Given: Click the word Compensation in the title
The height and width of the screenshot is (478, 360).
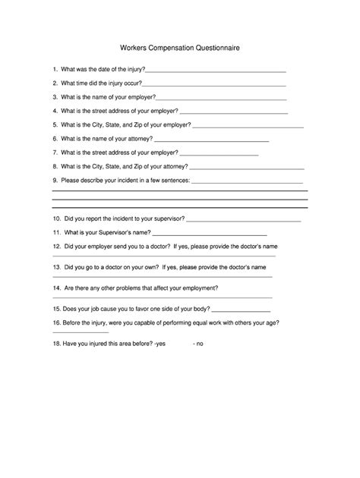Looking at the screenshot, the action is tap(169, 48).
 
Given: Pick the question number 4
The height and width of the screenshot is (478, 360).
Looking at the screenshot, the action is tap(55, 112).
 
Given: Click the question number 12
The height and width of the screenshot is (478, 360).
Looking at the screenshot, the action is tap(56, 247).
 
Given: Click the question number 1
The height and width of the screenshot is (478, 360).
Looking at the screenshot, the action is tap(55, 69).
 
